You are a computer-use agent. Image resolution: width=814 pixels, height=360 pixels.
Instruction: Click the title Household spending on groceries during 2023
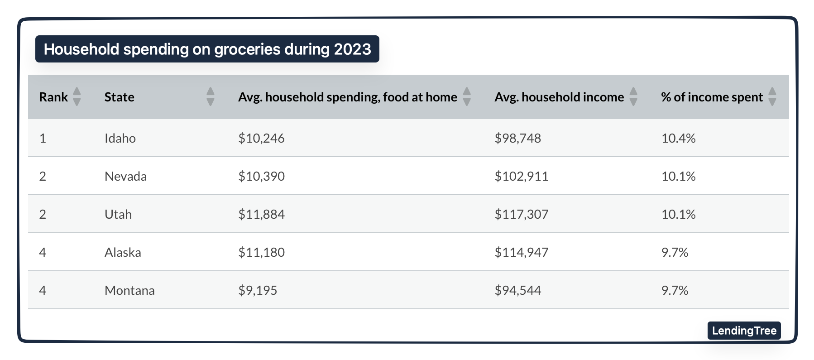coord(207,49)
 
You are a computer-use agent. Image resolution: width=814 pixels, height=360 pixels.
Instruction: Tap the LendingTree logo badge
coord(744,331)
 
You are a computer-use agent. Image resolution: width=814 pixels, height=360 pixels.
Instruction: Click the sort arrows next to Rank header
coord(77,96)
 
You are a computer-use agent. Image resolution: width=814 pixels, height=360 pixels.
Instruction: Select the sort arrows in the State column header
coord(210,96)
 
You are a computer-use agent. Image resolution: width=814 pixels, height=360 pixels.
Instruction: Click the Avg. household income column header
coord(559,97)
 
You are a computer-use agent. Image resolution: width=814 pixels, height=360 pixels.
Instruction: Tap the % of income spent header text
coord(711,97)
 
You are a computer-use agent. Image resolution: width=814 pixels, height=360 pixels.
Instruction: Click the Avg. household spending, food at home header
coord(347,97)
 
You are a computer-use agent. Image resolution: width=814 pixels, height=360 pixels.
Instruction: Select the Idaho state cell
coord(120,138)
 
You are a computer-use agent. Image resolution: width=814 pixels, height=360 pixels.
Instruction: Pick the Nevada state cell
coord(125,176)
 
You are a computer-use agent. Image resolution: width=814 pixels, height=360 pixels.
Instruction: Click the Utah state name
coord(118,214)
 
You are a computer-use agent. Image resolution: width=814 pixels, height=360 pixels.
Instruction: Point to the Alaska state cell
coord(123,252)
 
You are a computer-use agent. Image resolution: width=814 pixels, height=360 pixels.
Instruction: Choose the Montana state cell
coord(129,290)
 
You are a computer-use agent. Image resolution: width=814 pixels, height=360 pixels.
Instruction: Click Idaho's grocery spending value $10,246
coord(261,138)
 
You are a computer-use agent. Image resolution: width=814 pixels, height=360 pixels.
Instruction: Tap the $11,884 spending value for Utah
coord(261,214)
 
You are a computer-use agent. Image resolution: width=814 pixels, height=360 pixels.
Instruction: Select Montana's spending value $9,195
coord(258,290)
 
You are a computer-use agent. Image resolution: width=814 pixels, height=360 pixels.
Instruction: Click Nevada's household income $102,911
coord(521,176)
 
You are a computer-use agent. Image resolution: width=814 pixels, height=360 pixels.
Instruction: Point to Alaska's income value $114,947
coord(521,252)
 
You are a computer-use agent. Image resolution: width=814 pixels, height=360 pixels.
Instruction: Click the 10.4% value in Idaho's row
coord(678,138)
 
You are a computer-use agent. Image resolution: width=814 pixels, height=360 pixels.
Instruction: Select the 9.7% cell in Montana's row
coord(675,290)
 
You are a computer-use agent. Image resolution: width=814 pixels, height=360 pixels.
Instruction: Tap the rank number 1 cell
coord(43,138)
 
